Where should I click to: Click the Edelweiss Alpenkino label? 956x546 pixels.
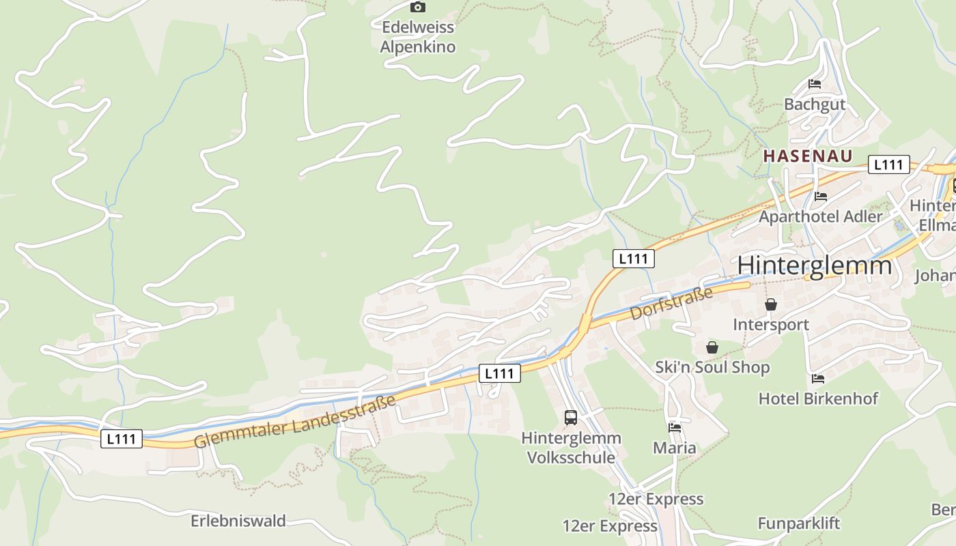pyautogui.click(x=417, y=37)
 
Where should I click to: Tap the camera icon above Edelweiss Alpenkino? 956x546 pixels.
pyautogui.click(x=417, y=8)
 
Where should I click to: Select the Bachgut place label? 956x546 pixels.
pyautogui.click(x=815, y=104)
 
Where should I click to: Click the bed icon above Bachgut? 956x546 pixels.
pyautogui.click(x=815, y=84)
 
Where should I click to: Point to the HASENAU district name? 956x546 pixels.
pyautogui.click(x=808, y=156)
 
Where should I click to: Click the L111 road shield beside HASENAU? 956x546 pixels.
pyautogui.click(x=888, y=164)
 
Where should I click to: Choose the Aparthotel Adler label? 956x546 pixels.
pyautogui.click(x=821, y=216)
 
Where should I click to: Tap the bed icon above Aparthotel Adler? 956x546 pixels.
pyautogui.click(x=821, y=197)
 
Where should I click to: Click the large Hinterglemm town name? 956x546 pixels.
pyautogui.click(x=815, y=265)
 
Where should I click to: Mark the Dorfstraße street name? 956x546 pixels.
pyautogui.click(x=671, y=303)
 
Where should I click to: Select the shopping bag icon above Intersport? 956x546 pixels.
pyautogui.click(x=771, y=304)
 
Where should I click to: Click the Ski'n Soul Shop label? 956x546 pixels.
pyautogui.click(x=712, y=367)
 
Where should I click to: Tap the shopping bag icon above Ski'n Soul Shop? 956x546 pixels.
pyautogui.click(x=712, y=347)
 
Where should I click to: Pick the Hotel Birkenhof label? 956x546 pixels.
pyautogui.click(x=818, y=398)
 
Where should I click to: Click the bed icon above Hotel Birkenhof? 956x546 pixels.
pyautogui.click(x=818, y=378)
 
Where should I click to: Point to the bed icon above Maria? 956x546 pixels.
pyautogui.click(x=675, y=428)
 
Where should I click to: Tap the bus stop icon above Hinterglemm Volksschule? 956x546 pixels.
pyautogui.click(x=571, y=418)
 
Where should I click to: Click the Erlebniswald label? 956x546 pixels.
pyautogui.click(x=238, y=521)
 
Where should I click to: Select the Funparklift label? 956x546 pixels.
pyautogui.click(x=798, y=523)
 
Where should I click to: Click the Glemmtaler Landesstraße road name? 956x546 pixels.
pyautogui.click(x=295, y=421)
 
